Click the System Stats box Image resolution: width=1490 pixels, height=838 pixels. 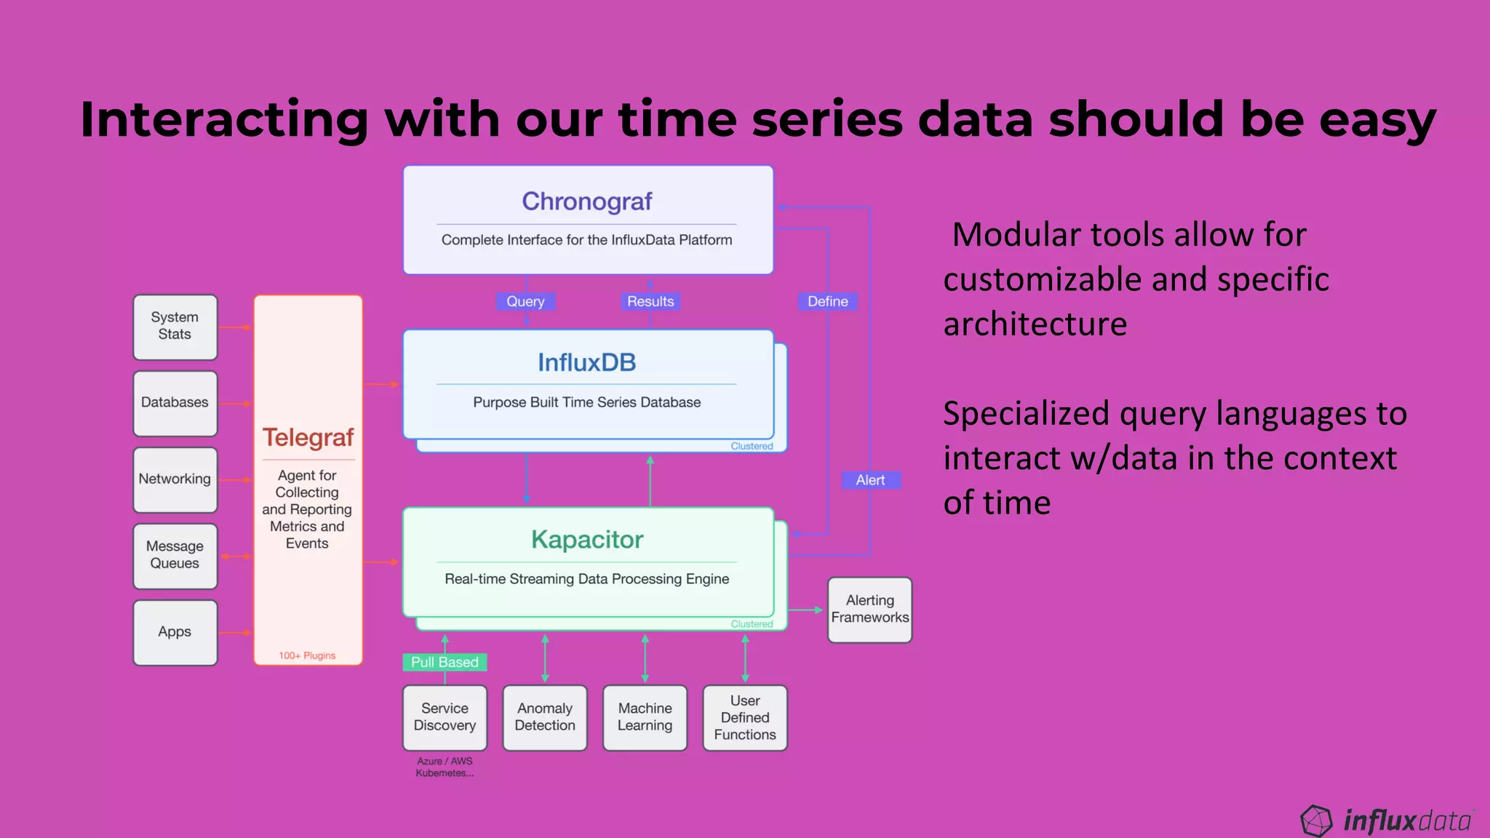coord(175,327)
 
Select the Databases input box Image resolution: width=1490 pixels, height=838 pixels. coord(175,403)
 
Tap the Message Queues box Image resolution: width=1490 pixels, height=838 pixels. coord(175,555)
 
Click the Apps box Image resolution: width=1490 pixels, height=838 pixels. coord(175,632)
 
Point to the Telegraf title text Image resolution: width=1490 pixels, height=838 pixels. coord(308,437)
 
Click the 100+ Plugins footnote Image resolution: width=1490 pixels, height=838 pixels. coord(307,655)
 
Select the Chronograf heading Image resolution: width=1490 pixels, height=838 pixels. coord(587,201)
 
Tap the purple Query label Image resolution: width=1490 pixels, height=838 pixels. coord(525,301)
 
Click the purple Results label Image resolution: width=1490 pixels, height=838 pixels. coord(650,301)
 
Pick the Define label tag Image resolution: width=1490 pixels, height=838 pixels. coord(827,301)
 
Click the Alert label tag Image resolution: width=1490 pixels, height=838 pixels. coord(870,480)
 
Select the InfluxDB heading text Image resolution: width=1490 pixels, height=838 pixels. coord(587,362)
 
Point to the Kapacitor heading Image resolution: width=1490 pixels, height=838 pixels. coord(587,540)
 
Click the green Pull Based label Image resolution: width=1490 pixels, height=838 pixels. coord(445,662)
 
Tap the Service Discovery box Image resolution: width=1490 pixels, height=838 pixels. coord(445,717)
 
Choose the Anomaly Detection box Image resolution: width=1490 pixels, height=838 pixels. coord(545,717)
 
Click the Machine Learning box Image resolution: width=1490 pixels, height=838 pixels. coord(645,717)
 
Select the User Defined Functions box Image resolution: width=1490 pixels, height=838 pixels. coord(745,717)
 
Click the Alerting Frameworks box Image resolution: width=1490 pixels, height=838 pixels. coord(870,610)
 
